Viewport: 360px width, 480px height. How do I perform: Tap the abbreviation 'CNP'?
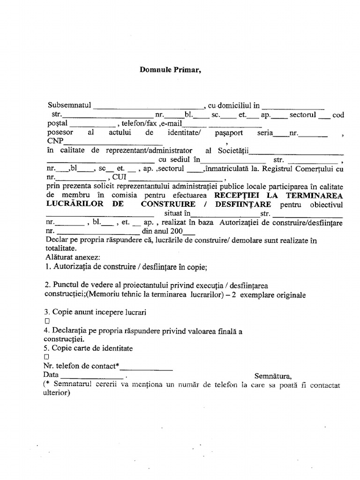pyautogui.click(x=55, y=141)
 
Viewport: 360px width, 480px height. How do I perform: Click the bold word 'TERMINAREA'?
pyautogui.click(x=319, y=195)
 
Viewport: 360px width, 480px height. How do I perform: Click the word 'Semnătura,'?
pyautogui.click(x=273, y=375)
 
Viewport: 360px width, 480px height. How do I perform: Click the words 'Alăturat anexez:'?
pyautogui.click(x=70, y=258)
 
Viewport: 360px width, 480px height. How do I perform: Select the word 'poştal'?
pyautogui.click(x=57, y=123)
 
